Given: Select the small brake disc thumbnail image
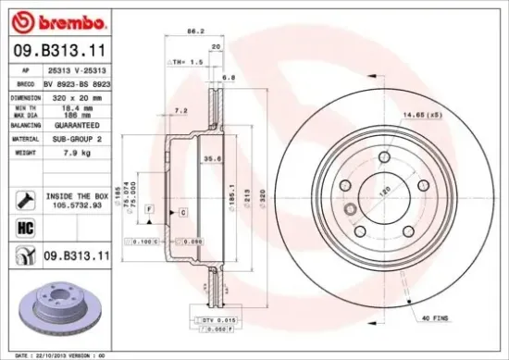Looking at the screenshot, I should [x=57, y=309].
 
